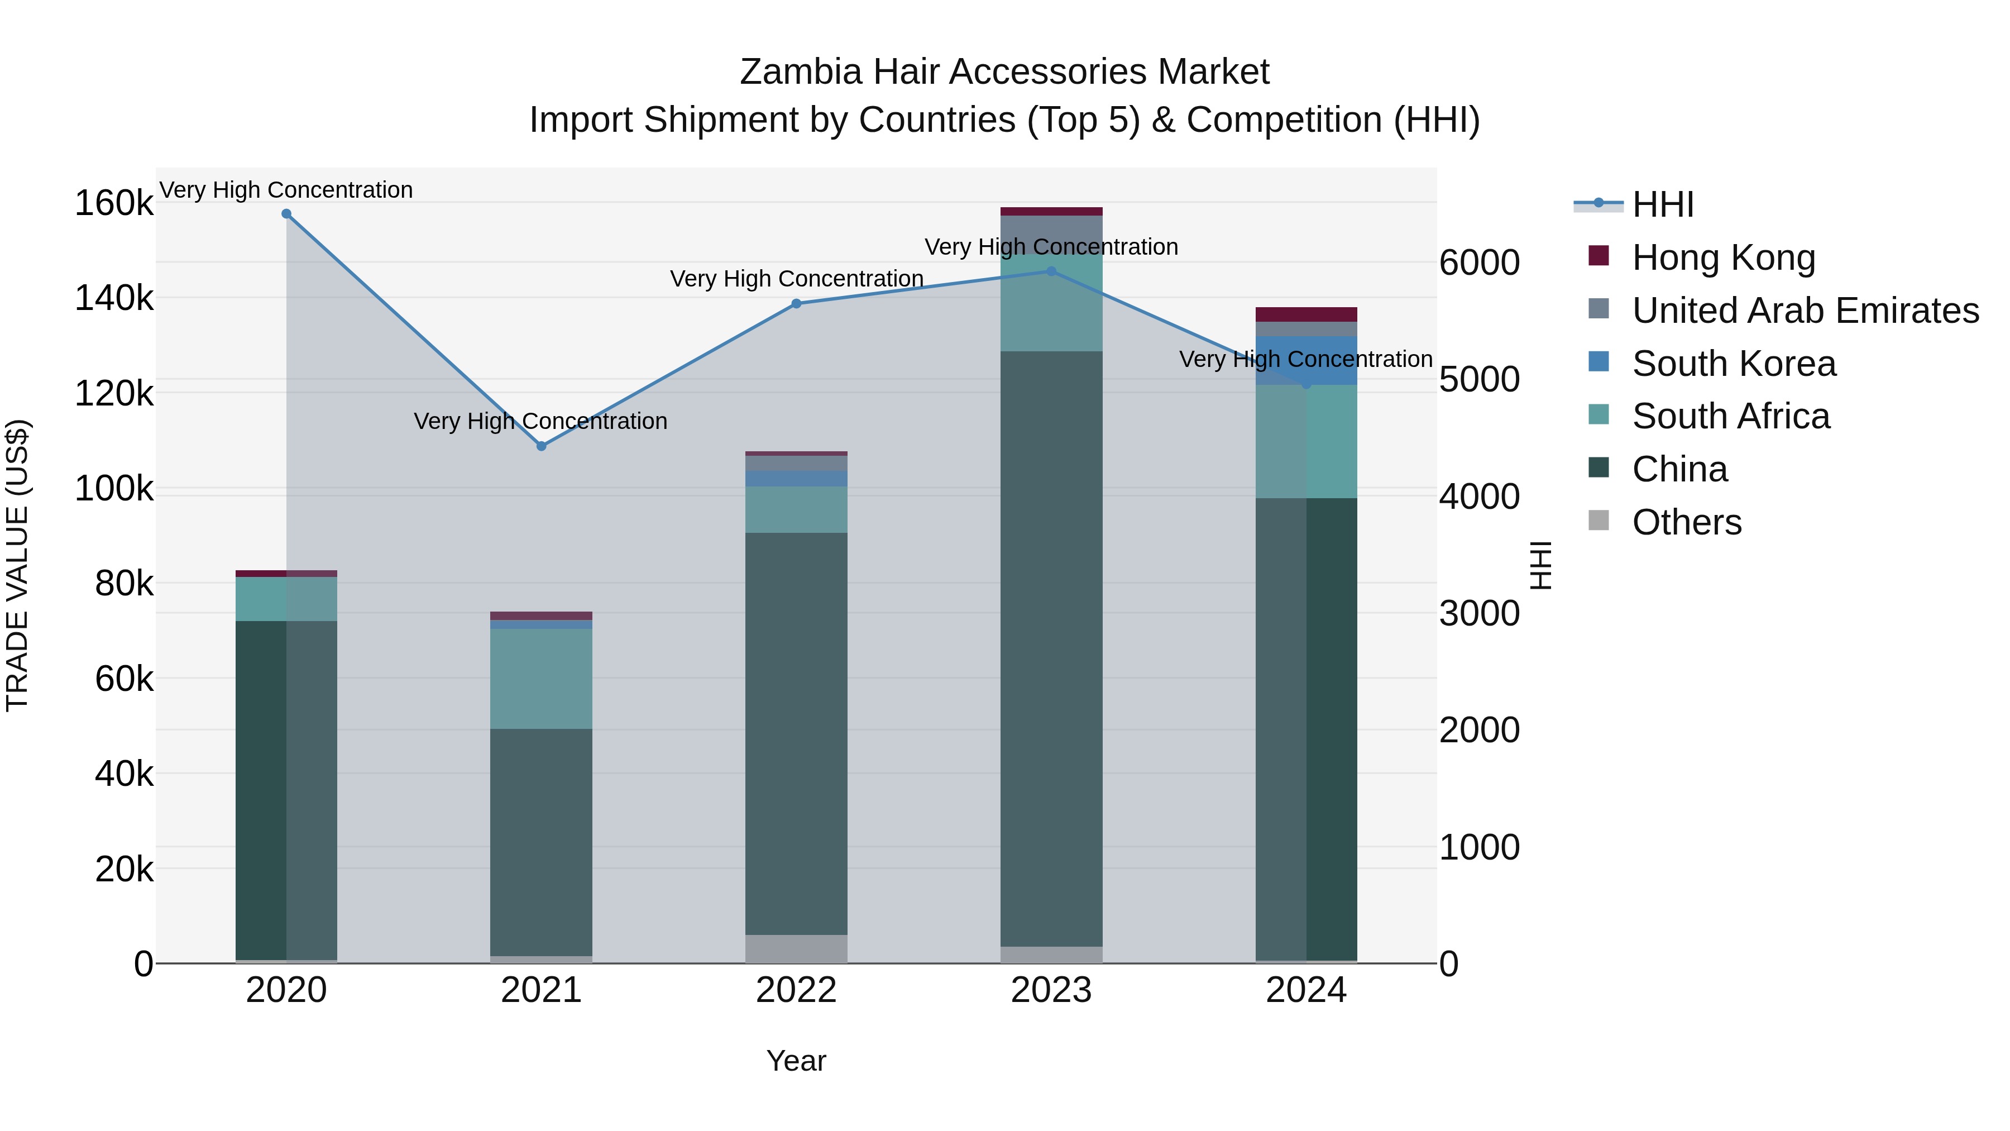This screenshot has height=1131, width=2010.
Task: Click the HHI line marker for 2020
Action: [x=286, y=214]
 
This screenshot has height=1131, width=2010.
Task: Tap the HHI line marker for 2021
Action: [x=542, y=446]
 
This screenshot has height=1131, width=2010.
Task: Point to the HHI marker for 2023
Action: [x=1051, y=271]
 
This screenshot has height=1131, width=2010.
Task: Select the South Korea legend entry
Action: [x=1734, y=364]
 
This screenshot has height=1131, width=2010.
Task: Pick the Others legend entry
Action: [x=1686, y=522]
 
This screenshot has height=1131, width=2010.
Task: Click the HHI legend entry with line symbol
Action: [x=1662, y=204]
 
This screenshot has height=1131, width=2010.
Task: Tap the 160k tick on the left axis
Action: [x=114, y=204]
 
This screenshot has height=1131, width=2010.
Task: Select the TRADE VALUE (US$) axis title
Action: [x=17, y=565]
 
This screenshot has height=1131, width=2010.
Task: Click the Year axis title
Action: [x=796, y=1061]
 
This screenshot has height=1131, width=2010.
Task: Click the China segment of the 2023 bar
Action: [x=1051, y=648]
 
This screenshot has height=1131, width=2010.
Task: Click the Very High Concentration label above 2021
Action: [x=540, y=422]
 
